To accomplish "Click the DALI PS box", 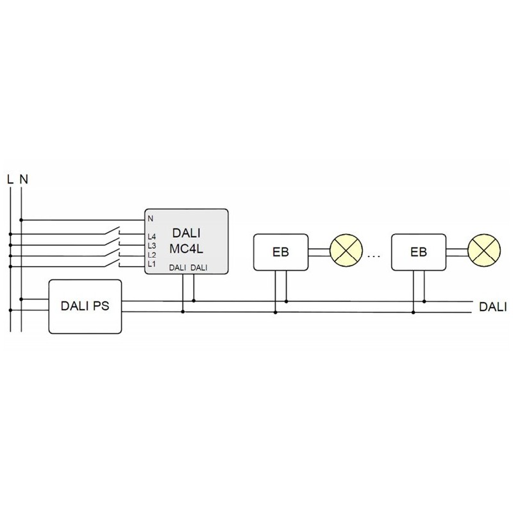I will coord(85,306).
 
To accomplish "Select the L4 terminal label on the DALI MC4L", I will coord(151,237).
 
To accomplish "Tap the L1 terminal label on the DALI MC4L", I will coord(151,264).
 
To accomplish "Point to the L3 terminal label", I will coord(151,246).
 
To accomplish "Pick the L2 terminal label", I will coord(151,255).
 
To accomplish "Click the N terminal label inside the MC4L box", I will coord(150,219).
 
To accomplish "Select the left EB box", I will coord(280,252).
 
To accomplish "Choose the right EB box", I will coord(418,252).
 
